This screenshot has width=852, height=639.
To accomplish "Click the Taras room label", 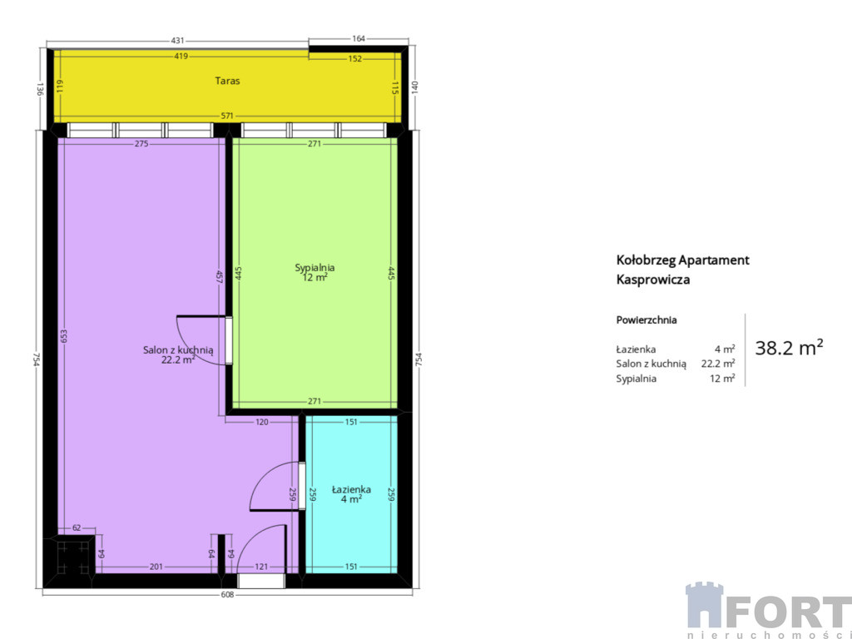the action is [227, 81].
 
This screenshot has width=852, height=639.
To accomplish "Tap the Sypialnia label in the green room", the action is [315, 268].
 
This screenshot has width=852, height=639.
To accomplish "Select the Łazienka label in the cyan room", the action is [352, 489].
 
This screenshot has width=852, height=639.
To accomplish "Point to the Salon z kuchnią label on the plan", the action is [178, 350].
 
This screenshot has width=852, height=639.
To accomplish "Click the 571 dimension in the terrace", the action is [227, 116].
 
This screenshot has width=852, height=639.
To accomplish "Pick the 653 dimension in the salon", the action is [63, 337].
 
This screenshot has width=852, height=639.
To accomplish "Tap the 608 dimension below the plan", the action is [227, 594].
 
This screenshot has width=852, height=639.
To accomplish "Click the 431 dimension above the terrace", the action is [178, 40].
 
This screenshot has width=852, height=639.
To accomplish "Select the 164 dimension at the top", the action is [359, 38].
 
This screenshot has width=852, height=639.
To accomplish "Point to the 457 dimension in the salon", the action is [220, 277].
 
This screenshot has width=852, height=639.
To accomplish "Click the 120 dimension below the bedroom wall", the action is [262, 422].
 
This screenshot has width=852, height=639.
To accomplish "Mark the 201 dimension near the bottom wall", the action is [156, 567].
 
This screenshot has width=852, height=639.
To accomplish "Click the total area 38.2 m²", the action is [789, 347].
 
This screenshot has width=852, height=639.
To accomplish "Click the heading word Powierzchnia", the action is [646, 320].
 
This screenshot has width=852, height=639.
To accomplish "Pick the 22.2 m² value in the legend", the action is [718, 364].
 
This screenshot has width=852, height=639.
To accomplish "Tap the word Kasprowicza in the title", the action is [653, 280].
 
